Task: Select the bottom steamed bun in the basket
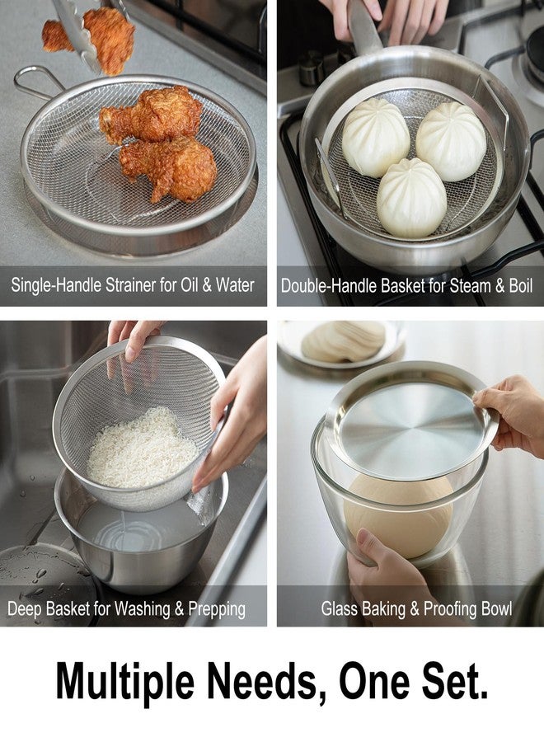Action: [x=411, y=198]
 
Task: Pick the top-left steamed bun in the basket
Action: [x=376, y=139]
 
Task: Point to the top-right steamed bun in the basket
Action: [x=451, y=141]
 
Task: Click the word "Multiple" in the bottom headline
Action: [x=125, y=683]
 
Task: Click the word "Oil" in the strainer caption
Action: [x=190, y=285]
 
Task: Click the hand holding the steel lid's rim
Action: [x=514, y=413]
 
